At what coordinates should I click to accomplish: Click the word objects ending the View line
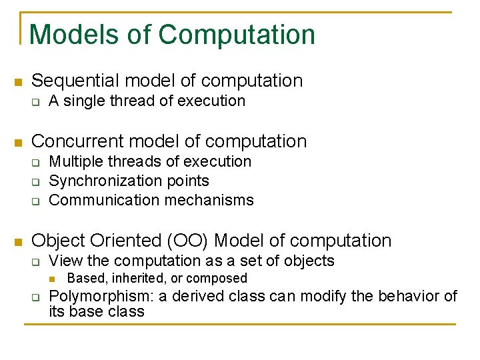[x=311, y=261]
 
